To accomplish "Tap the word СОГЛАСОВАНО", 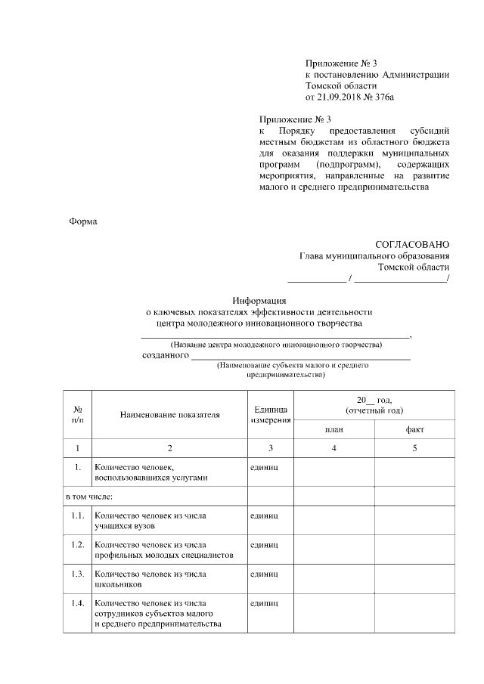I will click(x=412, y=244).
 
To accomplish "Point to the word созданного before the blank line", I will click(x=165, y=355).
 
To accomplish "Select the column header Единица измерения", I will click(x=270, y=414).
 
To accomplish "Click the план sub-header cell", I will click(x=334, y=429).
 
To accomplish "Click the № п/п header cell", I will click(x=78, y=415).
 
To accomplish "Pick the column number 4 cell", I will click(x=334, y=448).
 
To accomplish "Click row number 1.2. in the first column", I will click(x=77, y=544).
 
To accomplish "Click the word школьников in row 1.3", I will click(x=119, y=583).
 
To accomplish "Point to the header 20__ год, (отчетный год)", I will click(x=374, y=404).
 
